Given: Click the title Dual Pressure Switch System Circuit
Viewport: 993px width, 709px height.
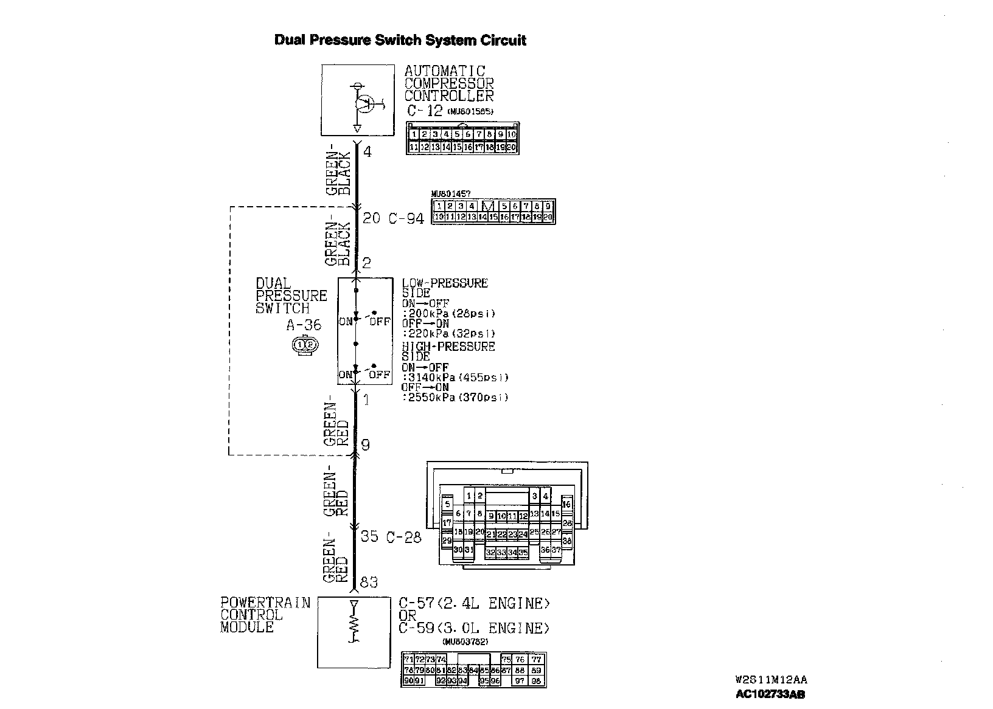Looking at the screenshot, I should [x=400, y=41].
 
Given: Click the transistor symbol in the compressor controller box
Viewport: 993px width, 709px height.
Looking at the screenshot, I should [x=364, y=105].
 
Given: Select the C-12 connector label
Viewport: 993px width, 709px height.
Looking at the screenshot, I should [x=425, y=111].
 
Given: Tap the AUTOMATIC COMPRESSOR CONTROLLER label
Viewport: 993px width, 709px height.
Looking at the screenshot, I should [x=448, y=83].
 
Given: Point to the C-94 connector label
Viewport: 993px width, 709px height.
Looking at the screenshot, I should [x=406, y=218].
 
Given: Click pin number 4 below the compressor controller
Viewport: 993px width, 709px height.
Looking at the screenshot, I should [x=367, y=151].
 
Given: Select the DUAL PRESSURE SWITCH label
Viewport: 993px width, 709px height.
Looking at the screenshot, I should [x=291, y=296].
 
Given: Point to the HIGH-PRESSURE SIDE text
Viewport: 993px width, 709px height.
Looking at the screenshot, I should [x=448, y=351].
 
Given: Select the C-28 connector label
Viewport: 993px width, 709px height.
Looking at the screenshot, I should [x=404, y=537].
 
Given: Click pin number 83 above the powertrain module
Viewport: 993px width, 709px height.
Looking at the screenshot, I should [x=369, y=583].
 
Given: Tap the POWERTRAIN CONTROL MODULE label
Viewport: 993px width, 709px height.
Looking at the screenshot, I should [x=265, y=615].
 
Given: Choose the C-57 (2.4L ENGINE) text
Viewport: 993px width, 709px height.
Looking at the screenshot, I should [x=474, y=603].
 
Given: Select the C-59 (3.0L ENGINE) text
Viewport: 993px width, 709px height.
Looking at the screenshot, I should [x=474, y=628].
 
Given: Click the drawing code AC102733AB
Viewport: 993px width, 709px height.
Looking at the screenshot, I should [x=770, y=694].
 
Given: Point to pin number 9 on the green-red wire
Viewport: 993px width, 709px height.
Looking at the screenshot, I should [x=365, y=445].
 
